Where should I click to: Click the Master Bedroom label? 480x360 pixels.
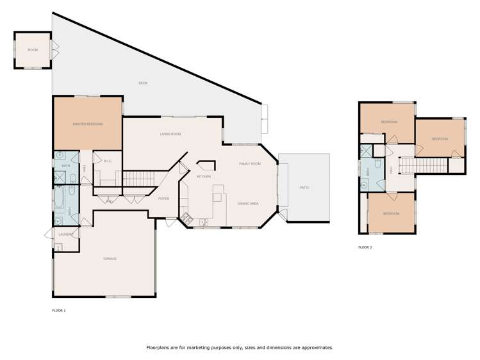pyautogui.click(x=88, y=124)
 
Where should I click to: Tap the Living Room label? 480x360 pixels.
pyautogui.click(x=171, y=134)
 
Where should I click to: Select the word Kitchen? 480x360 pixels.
pyautogui.click(x=204, y=176)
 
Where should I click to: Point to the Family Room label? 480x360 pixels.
pyautogui.click(x=250, y=164)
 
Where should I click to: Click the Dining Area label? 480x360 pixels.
pyautogui.click(x=248, y=203)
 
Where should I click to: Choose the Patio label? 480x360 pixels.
pyautogui.click(x=304, y=187)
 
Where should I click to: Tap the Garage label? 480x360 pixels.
pyautogui.click(x=110, y=258)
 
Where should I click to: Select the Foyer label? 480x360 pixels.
pyautogui.click(x=163, y=199)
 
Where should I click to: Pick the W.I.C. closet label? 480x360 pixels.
pyautogui.click(x=108, y=161)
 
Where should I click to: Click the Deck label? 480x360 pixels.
pyautogui.click(x=143, y=83)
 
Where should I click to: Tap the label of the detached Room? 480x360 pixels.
pyautogui.click(x=32, y=49)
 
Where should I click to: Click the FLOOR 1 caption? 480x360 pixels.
pyautogui.click(x=58, y=310)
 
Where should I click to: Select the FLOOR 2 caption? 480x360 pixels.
pyautogui.click(x=365, y=247)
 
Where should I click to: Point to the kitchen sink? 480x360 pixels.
pyautogui.click(x=203, y=222)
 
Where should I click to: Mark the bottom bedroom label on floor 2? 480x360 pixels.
pyautogui.click(x=391, y=213)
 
